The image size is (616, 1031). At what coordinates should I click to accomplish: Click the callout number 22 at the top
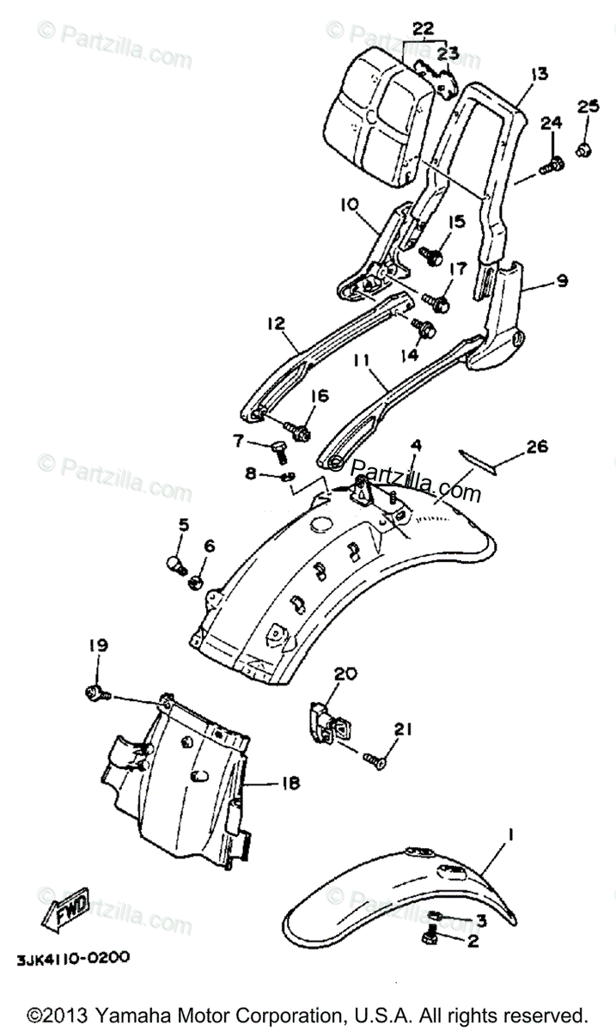point(423,28)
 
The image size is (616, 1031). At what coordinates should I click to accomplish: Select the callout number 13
point(538,74)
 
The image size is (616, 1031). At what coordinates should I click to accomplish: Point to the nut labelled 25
point(583,149)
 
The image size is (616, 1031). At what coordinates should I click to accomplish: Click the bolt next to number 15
point(432,254)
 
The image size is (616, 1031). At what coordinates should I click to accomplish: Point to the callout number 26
point(536,447)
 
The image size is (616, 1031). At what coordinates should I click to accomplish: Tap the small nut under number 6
point(197,583)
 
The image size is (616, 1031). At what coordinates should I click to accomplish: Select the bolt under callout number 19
point(95,692)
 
